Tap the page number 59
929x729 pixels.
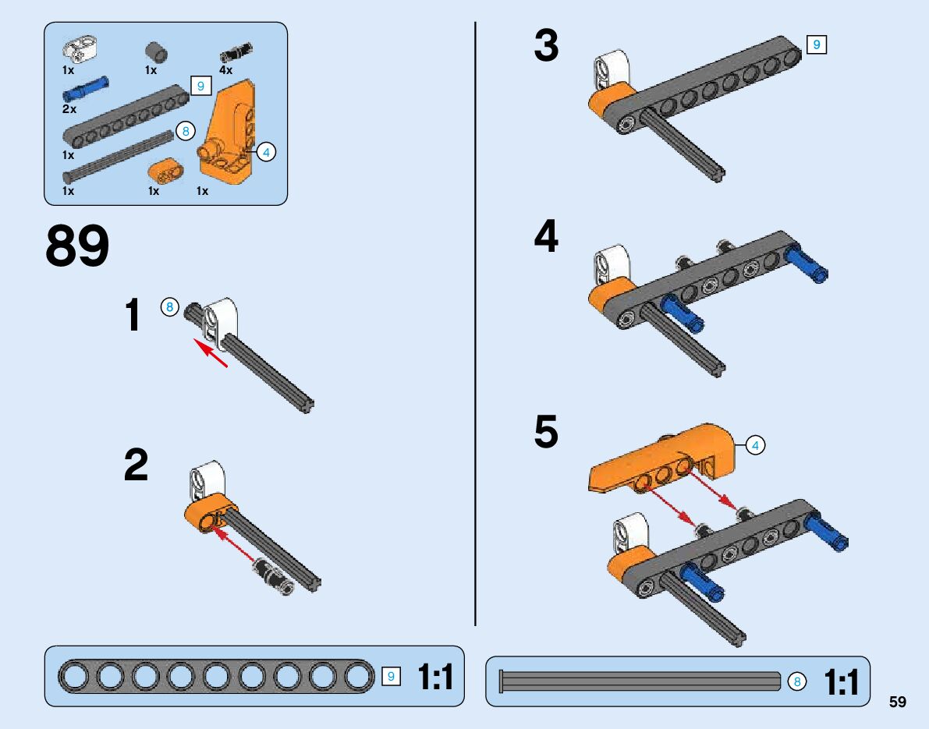coord(897,702)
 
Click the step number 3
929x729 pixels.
coord(546,46)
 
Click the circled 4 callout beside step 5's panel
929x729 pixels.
coord(754,445)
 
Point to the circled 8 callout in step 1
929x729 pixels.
coord(170,306)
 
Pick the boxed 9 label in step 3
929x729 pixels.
coord(816,45)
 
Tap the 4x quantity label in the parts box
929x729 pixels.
coord(226,70)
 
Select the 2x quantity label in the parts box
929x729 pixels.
coord(69,109)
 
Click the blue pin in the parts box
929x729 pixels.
coord(86,90)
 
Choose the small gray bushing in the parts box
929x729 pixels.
coord(156,53)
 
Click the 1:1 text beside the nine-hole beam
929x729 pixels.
coord(435,677)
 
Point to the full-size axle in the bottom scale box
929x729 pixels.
coord(640,681)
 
